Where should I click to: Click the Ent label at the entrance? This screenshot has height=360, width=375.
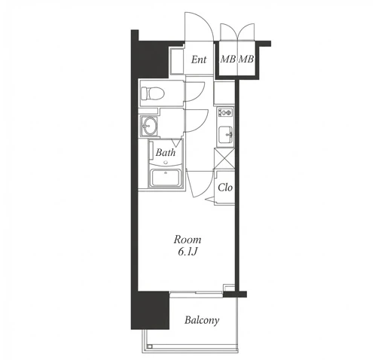click(199, 59)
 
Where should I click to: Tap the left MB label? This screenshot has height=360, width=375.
click(228, 59)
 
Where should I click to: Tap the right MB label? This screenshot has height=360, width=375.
click(245, 59)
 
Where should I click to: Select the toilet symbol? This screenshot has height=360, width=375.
click(153, 93)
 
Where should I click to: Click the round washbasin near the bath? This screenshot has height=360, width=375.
click(148, 126)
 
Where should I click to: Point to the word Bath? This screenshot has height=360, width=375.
click(166, 152)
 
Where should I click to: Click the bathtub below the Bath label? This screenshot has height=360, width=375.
click(166, 178)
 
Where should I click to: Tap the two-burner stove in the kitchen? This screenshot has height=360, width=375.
click(225, 112)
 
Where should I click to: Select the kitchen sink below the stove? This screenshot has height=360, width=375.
click(226, 135)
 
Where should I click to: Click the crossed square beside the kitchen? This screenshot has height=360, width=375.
click(224, 158)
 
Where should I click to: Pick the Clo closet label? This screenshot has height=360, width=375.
click(225, 188)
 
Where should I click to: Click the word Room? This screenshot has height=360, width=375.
click(187, 239)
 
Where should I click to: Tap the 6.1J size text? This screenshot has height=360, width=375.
click(187, 252)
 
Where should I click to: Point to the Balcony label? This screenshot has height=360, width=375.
click(202, 320)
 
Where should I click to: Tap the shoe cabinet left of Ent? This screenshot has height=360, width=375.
click(177, 61)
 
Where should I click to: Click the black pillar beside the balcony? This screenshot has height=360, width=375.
click(150, 310)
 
